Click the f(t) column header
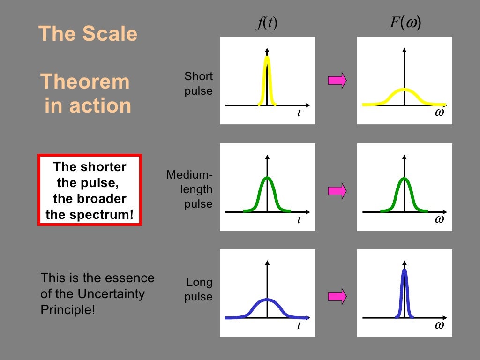coord(267,23)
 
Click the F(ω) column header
coord(405,23)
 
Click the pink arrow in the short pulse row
coord(337,80)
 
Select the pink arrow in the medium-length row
coord(337,190)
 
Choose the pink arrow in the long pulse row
coord(337,295)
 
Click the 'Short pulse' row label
coord(199,83)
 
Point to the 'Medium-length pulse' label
coord(189,189)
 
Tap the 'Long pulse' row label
coord(199,290)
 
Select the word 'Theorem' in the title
coord(85,82)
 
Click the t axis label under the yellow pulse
coord(299,113)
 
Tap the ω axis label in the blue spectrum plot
coord(439,325)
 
